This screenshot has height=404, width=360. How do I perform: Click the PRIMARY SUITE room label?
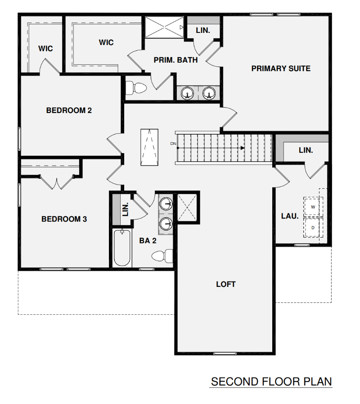pyautogui.click(x=281, y=68)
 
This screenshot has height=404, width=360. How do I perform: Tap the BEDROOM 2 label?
pyautogui.click(x=69, y=110)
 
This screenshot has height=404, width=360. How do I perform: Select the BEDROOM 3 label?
pyautogui.click(x=64, y=219)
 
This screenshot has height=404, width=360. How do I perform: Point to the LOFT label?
pyautogui.click(x=225, y=284)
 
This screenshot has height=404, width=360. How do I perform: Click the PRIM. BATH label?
pyautogui.click(x=175, y=60)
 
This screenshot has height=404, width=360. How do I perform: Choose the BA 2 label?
pyautogui.click(x=148, y=241)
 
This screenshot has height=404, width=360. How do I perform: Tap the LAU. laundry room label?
pyautogui.click(x=290, y=216)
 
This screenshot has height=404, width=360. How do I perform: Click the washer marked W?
pyautogui.click(x=313, y=207)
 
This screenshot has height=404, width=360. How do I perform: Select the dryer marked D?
pyautogui.click(x=313, y=227)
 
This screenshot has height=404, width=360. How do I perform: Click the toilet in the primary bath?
pyautogui.click(x=136, y=87)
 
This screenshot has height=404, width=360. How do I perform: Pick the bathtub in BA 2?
pyautogui.click(x=122, y=248)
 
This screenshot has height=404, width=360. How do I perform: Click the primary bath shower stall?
pyautogui.click(x=164, y=27)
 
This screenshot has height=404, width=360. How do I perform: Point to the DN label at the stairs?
pyautogui.click(x=173, y=144)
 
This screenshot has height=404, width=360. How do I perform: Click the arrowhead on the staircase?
pyautogui.click(x=243, y=148)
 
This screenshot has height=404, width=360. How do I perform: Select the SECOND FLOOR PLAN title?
pyautogui.click(x=271, y=382)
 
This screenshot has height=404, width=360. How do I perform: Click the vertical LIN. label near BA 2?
pyautogui.click(x=126, y=208)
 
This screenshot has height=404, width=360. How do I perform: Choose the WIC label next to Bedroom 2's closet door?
pyautogui.click(x=45, y=48)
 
